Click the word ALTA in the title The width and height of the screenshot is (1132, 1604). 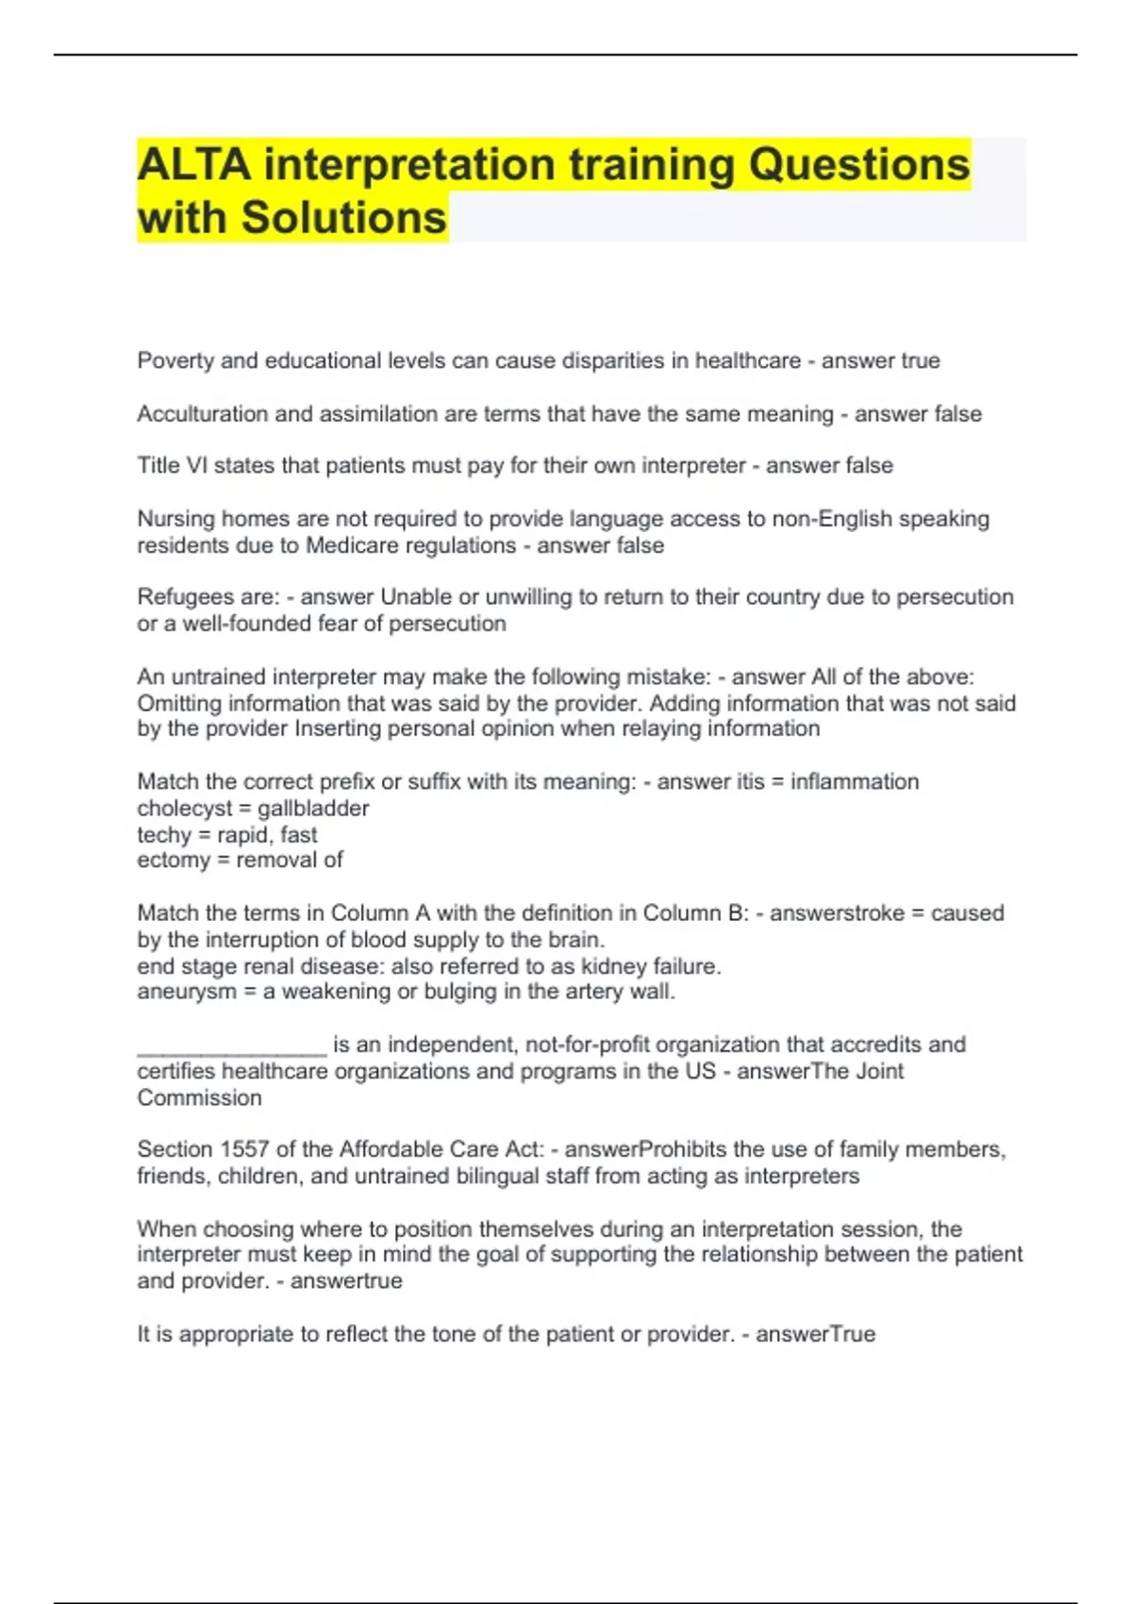(x=194, y=165)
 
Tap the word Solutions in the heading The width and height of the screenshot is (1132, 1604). (x=343, y=218)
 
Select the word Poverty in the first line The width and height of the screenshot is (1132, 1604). (x=175, y=361)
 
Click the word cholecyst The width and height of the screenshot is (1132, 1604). (x=184, y=809)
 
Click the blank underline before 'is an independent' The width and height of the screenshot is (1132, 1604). (x=231, y=1045)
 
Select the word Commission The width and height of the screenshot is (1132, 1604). (x=199, y=1098)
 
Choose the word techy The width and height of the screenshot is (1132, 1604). (x=164, y=835)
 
